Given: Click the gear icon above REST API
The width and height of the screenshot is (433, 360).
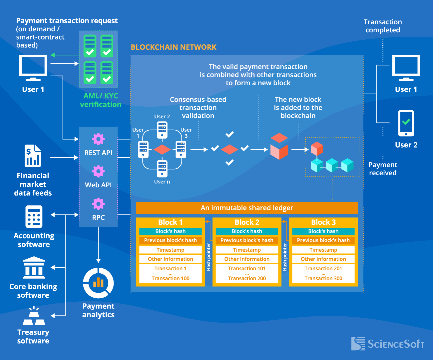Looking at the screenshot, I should pos(98,139).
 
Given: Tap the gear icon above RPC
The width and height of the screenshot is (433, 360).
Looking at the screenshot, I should pos(98,204).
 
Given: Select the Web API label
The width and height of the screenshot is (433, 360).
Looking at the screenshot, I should pos(98,185).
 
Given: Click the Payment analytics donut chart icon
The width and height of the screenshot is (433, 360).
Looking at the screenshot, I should pos(98,283).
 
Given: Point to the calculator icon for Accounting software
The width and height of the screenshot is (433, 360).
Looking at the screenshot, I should pos(34,217).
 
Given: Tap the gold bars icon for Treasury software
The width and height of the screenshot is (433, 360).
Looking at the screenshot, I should pos(34,316).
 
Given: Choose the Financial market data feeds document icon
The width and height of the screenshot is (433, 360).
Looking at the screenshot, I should pos(33,156).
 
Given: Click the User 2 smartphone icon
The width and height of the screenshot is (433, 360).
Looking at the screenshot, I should pos(406,123).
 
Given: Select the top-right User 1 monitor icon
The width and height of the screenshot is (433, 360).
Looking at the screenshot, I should pos(406,68).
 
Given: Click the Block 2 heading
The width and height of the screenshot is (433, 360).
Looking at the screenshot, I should pos(247,222).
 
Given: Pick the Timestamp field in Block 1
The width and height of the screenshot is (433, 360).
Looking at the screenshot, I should pos(171,250).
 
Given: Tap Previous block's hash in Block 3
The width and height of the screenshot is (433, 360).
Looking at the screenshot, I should pos(323,240).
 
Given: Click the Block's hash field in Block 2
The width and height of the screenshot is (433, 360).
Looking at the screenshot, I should pos(247,231).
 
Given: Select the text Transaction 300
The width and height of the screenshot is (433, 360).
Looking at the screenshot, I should pos(323,278).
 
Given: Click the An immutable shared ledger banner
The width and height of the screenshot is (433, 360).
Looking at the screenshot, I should pos(247,208).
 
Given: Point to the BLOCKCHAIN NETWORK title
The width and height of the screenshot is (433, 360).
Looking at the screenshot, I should pos(174,47).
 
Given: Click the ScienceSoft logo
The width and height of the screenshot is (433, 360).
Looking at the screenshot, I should pos(388,344).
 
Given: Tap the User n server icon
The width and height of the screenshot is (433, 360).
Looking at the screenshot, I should pos(162,169).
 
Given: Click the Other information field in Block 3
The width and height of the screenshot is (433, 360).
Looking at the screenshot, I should pos(323,259).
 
